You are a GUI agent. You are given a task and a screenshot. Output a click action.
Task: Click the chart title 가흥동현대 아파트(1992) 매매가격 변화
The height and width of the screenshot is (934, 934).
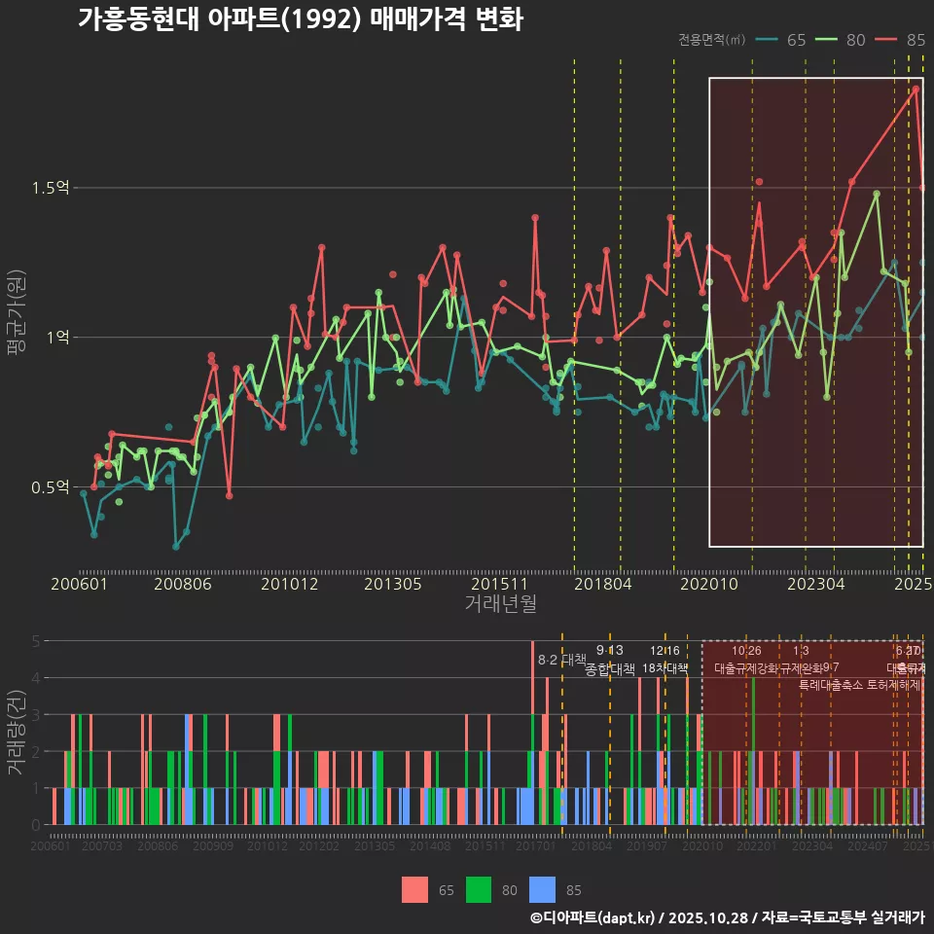(x=300, y=19)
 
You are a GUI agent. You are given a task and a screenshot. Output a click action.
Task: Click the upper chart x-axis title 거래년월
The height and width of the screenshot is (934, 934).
(x=500, y=604)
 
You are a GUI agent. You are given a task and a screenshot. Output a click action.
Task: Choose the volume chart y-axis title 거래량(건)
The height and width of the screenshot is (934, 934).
(x=16, y=734)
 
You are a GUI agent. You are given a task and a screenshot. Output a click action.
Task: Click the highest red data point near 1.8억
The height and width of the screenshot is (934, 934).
(x=916, y=90)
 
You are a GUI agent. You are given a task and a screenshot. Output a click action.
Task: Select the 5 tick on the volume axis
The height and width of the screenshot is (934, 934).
(x=35, y=641)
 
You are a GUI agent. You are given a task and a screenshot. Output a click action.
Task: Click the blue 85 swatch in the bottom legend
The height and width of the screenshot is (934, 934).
(x=543, y=889)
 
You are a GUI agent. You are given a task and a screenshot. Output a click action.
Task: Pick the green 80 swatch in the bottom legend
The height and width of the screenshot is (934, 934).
(x=479, y=889)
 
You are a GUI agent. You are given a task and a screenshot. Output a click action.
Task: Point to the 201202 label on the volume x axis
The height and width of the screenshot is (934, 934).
(x=319, y=847)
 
